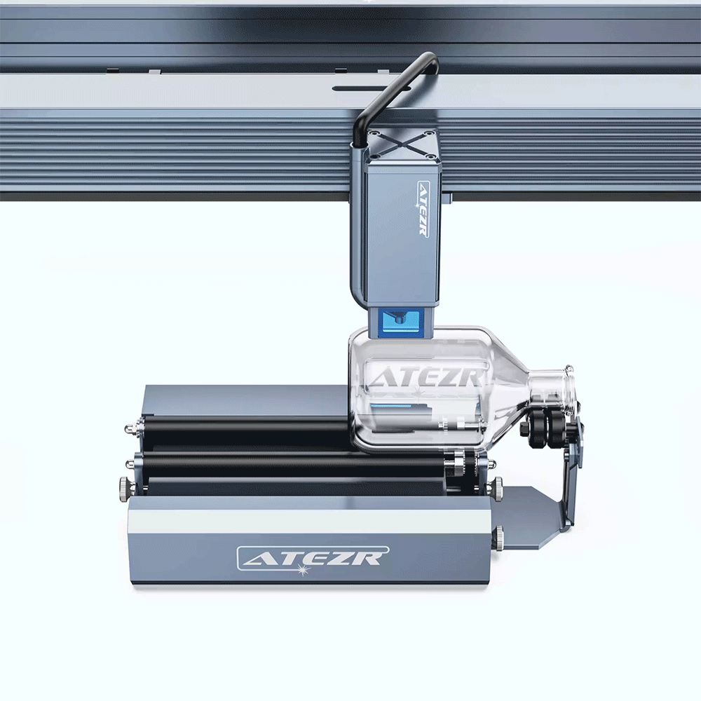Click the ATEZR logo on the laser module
423,207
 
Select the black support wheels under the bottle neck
546,428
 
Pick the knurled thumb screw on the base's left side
123,484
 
